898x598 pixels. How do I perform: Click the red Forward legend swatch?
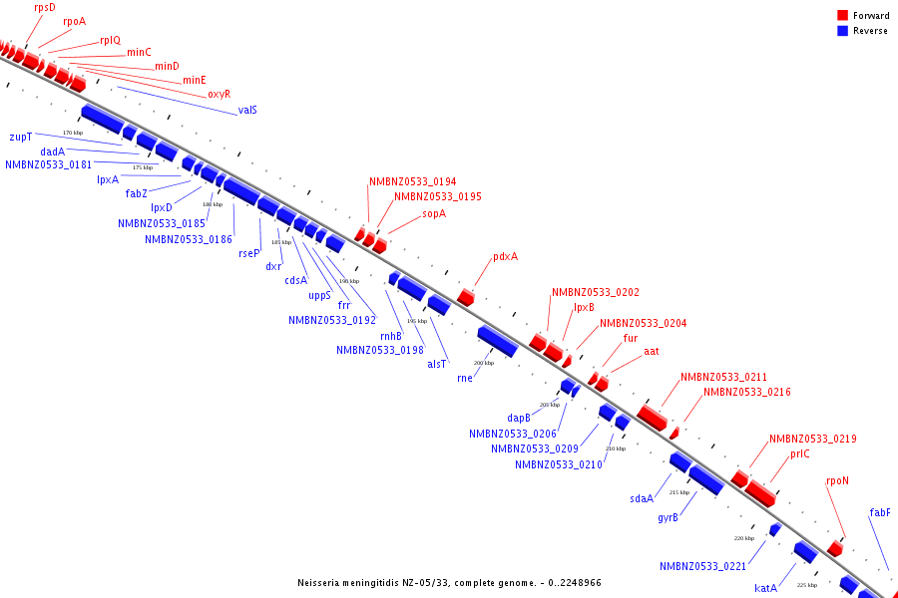(x=843, y=16)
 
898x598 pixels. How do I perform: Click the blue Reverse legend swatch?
(x=843, y=31)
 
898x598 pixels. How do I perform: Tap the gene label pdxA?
(x=505, y=257)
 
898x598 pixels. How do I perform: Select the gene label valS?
(x=247, y=110)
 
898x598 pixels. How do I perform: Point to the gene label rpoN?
(x=837, y=480)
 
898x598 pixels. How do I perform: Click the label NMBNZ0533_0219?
(x=812, y=439)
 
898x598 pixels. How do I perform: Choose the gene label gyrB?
(x=668, y=517)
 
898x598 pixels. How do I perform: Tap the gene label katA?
(x=765, y=588)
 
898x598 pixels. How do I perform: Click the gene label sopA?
(x=434, y=213)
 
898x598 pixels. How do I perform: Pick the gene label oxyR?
(x=219, y=94)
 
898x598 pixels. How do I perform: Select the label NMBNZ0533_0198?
(x=379, y=350)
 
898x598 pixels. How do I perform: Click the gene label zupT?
(x=21, y=137)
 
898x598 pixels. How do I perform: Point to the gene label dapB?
(x=519, y=419)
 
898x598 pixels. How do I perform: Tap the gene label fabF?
(x=880, y=513)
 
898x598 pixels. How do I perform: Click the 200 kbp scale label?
(x=483, y=363)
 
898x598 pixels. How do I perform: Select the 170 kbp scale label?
(x=73, y=133)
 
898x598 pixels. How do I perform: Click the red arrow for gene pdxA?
(x=466, y=297)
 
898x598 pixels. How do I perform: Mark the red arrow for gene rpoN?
(x=835, y=548)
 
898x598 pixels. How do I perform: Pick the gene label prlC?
(x=799, y=454)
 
